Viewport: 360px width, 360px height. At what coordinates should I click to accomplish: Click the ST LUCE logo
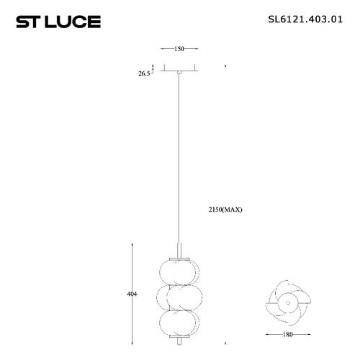click(58, 22)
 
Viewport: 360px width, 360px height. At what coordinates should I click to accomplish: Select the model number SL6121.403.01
click(305, 19)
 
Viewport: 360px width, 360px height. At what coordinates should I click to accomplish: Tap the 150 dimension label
click(179, 49)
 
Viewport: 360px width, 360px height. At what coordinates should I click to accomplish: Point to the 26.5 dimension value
click(144, 73)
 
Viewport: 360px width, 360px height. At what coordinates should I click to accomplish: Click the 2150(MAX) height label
click(225, 210)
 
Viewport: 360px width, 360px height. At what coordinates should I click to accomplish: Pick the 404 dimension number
click(132, 294)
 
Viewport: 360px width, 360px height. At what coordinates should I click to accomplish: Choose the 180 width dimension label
click(288, 334)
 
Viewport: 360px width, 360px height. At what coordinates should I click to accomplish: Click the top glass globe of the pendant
click(179, 272)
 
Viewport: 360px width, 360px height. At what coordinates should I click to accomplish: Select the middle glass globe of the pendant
click(179, 297)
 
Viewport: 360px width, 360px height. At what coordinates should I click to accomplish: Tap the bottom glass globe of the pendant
click(179, 323)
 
